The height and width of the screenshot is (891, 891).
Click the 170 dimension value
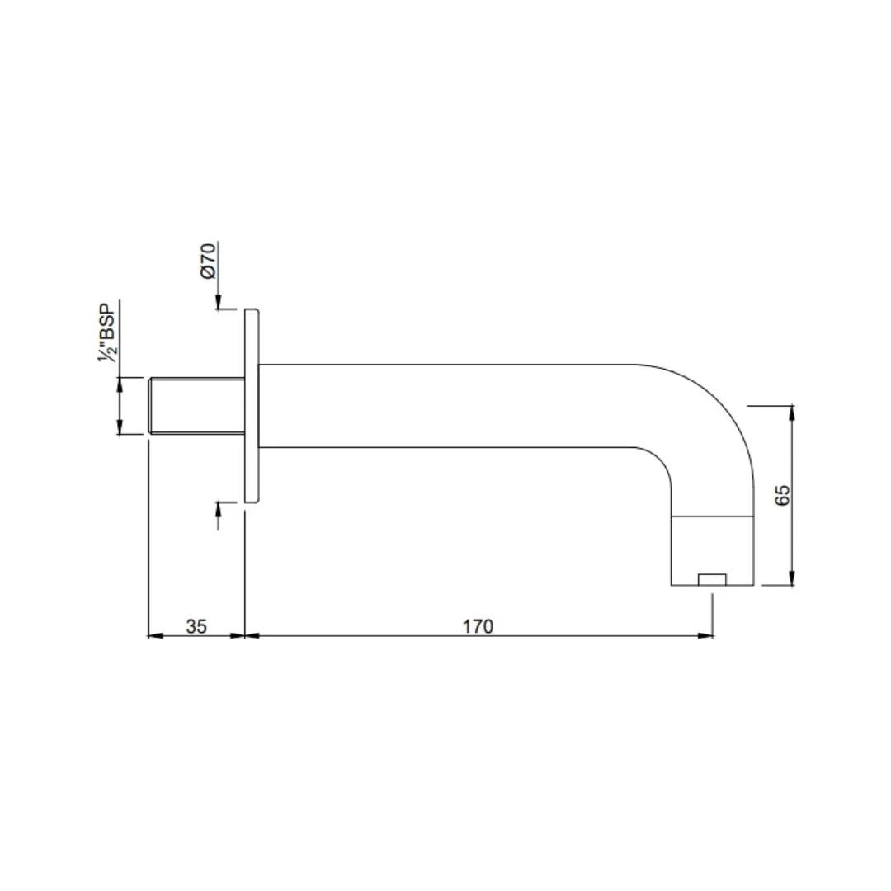tap(478, 626)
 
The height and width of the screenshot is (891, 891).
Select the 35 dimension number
tap(196, 626)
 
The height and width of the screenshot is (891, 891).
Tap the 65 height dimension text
tap(782, 495)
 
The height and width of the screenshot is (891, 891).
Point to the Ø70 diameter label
tap(208, 261)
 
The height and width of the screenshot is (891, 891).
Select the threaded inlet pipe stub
tap(196, 406)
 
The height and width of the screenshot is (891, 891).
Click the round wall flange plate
tap(252, 406)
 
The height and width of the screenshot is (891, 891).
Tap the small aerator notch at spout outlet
tap(713, 580)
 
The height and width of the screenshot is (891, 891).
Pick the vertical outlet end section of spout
tap(713, 550)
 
